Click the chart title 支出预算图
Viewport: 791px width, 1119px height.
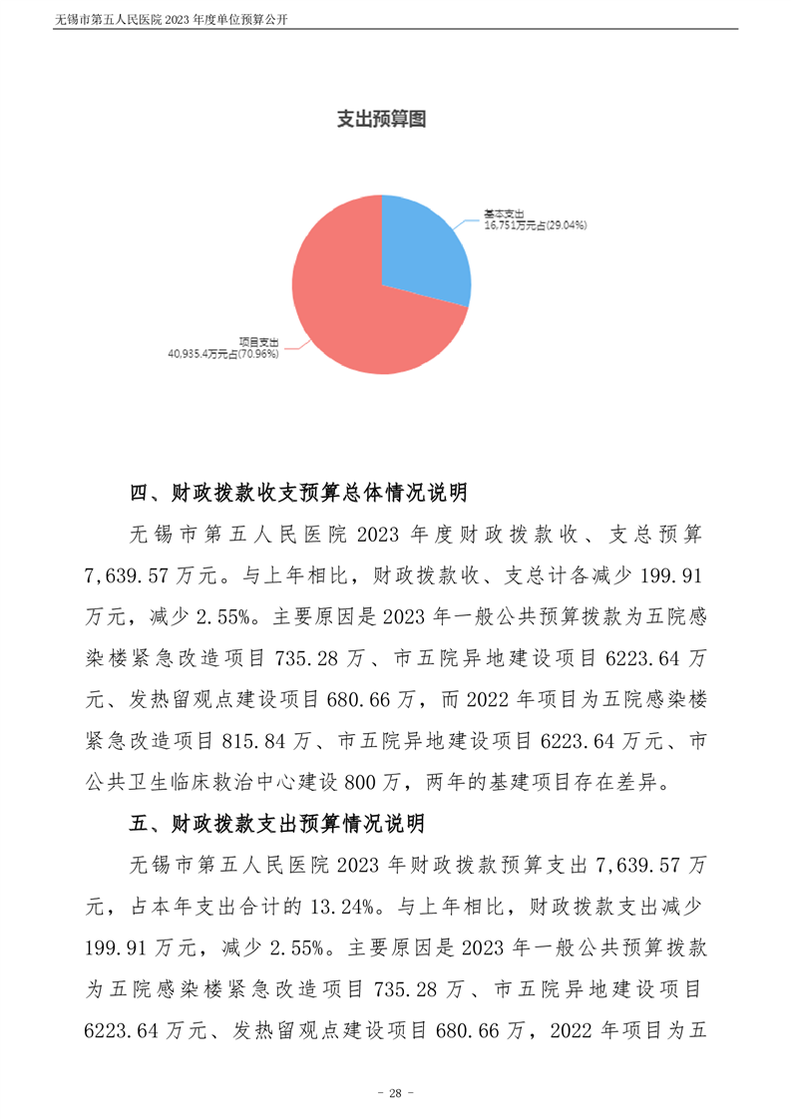(x=380, y=120)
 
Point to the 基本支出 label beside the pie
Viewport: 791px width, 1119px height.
(x=504, y=213)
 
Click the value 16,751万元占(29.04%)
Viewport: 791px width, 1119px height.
(x=535, y=225)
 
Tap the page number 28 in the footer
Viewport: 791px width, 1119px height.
(x=395, y=1094)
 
